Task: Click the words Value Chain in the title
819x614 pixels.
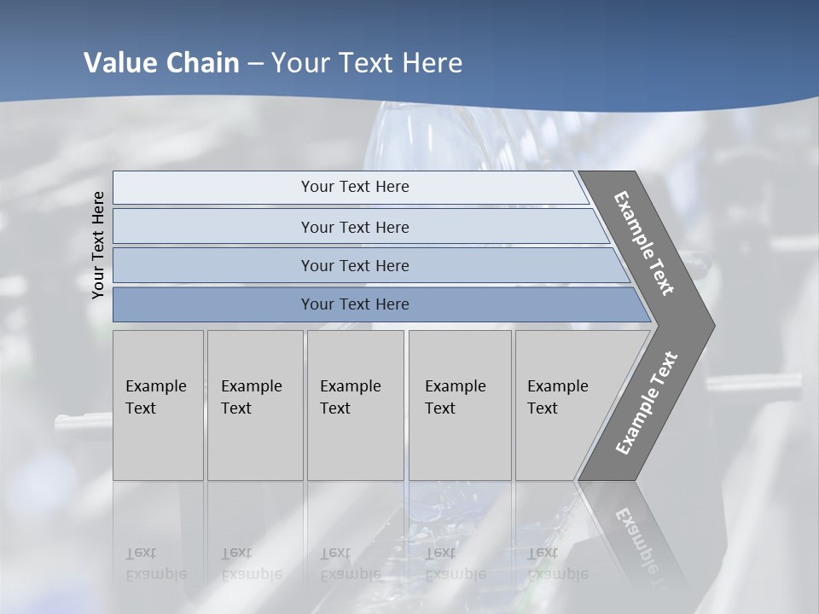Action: point(161,63)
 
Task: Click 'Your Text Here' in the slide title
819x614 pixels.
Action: point(367,63)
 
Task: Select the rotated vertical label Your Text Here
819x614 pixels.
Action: point(98,245)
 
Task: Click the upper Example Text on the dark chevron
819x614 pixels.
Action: point(645,243)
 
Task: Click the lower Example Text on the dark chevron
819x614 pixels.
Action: point(647,403)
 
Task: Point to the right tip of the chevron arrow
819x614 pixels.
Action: point(712,326)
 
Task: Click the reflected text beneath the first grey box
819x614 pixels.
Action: point(156,564)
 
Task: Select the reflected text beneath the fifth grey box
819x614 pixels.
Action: point(558,564)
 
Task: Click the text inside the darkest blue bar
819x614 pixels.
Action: point(355,304)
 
